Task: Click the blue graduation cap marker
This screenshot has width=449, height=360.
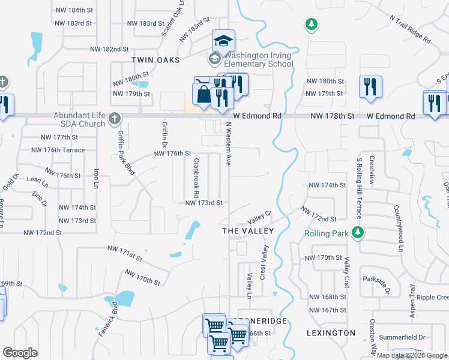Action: click(x=223, y=41)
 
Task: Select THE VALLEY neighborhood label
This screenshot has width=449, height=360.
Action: click(x=248, y=231)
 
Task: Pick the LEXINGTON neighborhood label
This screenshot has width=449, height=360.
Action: click(x=331, y=332)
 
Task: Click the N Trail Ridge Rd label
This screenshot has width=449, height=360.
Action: click(x=410, y=28)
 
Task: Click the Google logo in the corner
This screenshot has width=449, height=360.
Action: click(x=20, y=353)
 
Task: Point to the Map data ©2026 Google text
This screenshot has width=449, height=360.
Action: click(x=411, y=355)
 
